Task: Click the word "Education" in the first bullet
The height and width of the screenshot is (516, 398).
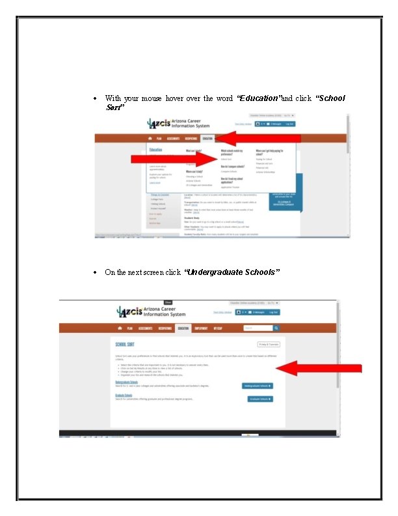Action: tap(259, 98)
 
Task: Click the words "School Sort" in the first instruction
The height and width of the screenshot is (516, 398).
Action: tap(330, 98)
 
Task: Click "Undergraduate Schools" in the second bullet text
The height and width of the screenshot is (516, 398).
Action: tap(233, 272)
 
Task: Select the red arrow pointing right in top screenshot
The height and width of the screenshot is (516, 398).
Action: tap(173, 159)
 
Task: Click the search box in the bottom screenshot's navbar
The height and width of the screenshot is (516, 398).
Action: tap(258, 328)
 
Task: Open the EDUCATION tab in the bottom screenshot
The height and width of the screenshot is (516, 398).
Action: tap(183, 328)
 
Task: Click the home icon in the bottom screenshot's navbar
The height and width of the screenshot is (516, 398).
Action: tap(120, 328)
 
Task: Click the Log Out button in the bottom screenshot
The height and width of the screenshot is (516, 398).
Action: tap(274, 312)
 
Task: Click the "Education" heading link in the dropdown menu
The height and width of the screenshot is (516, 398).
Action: tap(156, 149)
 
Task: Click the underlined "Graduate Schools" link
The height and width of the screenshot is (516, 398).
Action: tap(124, 395)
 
